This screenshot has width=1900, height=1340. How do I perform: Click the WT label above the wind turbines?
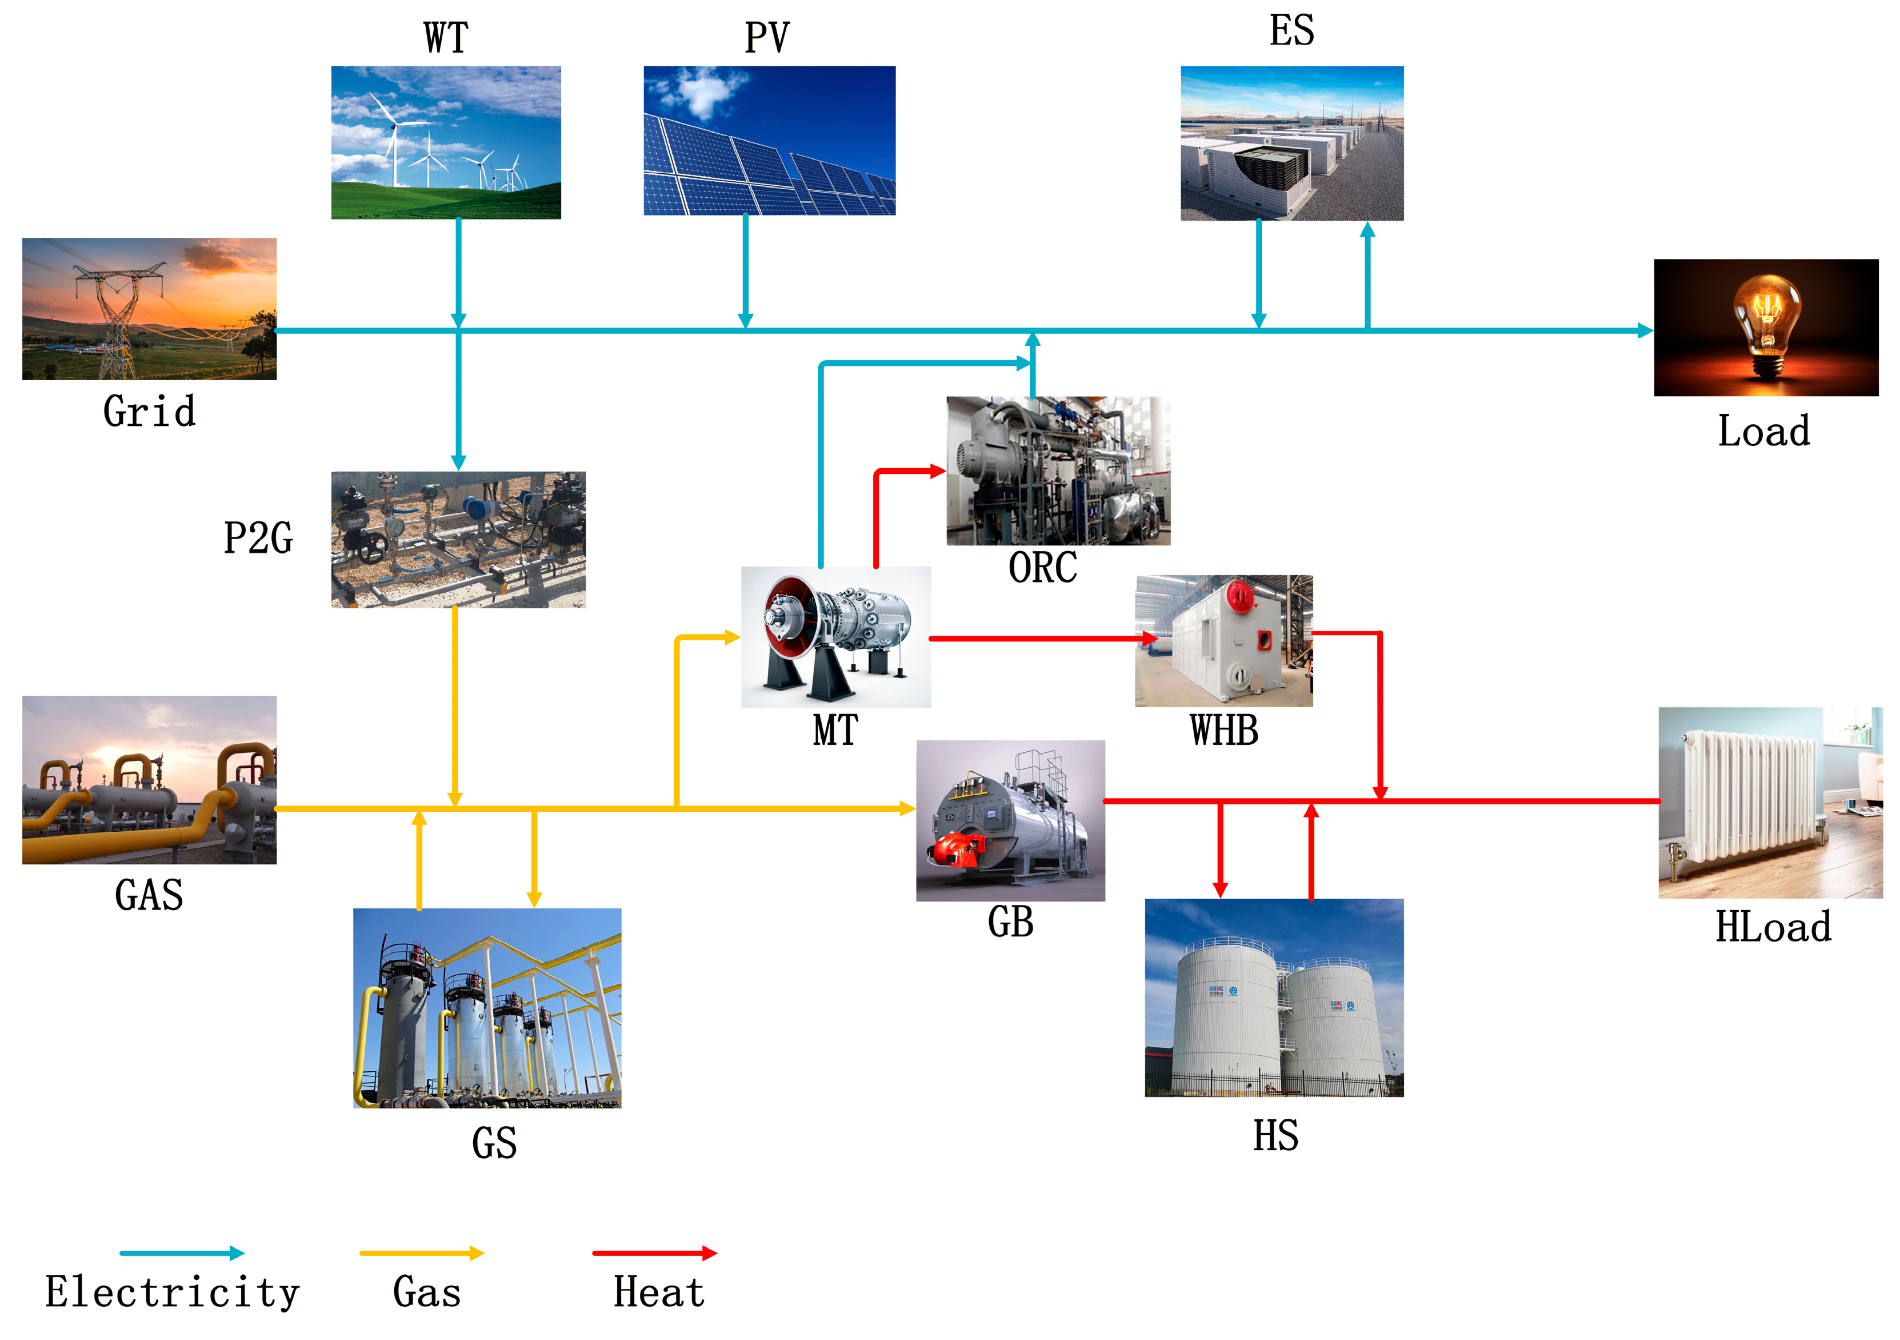point(446,38)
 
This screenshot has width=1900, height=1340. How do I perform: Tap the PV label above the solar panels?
point(767,38)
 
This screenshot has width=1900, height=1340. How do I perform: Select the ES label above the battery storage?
point(1292,31)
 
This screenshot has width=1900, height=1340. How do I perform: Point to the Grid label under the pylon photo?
point(150,412)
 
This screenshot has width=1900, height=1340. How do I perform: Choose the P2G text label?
point(258,538)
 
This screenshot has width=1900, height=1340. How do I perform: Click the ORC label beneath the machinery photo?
point(1043,568)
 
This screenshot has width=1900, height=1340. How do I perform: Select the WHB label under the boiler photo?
point(1224,731)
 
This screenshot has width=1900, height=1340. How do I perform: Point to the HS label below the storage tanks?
point(1275,1135)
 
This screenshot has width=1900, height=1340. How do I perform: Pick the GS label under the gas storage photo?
point(494,1143)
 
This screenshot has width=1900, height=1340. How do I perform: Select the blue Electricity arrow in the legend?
point(182,1253)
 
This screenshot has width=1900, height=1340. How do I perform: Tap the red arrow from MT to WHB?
point(1043,638)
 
